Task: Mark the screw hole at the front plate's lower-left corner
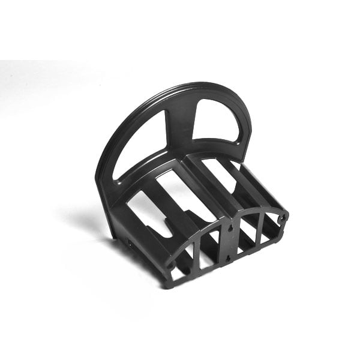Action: tap(172, 265)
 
